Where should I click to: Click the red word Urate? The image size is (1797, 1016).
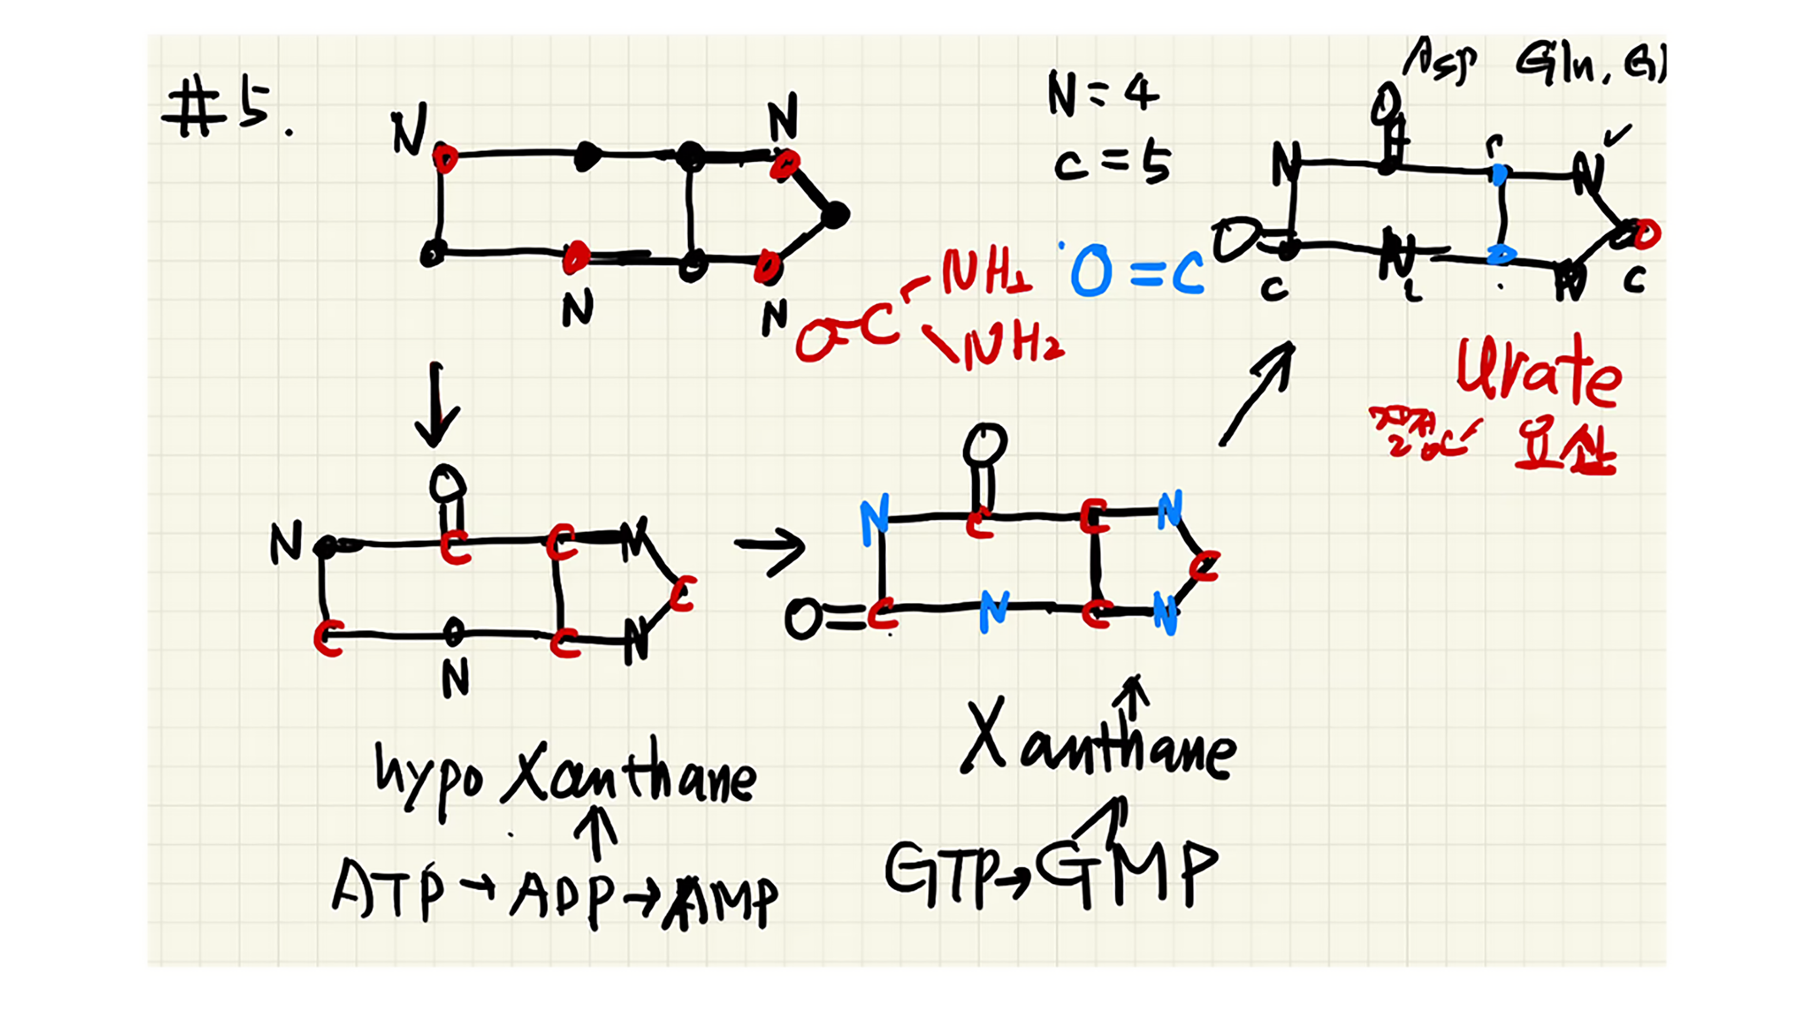1538,374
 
